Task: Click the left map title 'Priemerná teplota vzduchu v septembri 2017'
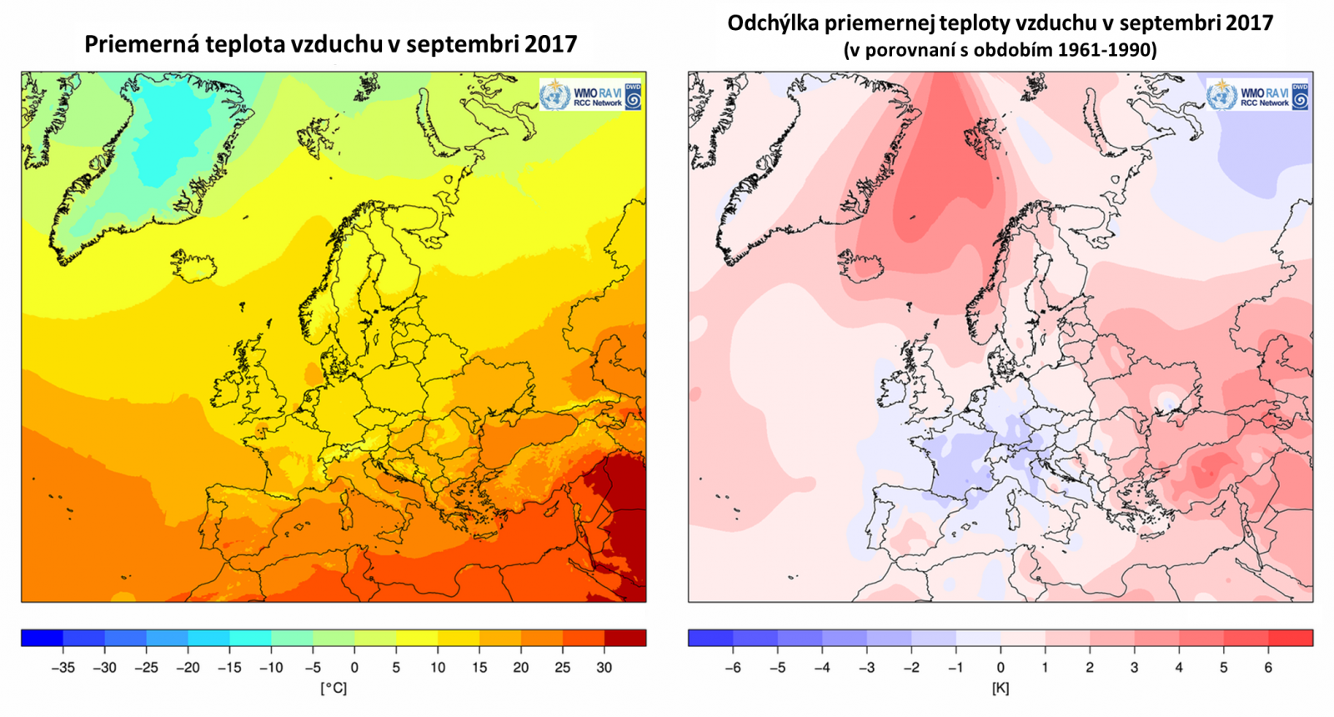(x=330, y=43)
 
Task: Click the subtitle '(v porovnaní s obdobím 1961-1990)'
(x=1000, y=50)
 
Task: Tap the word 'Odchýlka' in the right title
(x=773, y=23)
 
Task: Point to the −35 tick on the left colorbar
(x=63, y=667)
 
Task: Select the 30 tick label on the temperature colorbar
(x=604, y=667)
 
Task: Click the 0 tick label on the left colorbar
(x=354, y=667)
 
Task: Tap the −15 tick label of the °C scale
(x=229, y=667)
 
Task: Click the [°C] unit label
(x=333, y=688)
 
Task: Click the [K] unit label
(x=1000, y=688)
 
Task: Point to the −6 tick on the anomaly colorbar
(x=733, y=667)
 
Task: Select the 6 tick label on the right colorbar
(x=1268, y=667)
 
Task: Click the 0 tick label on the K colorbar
(x=1000, y=667)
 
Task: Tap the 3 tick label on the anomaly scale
(x=1134, y=667)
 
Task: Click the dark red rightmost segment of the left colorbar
(x=625, y=639)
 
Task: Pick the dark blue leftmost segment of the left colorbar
(x=42, y=639)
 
